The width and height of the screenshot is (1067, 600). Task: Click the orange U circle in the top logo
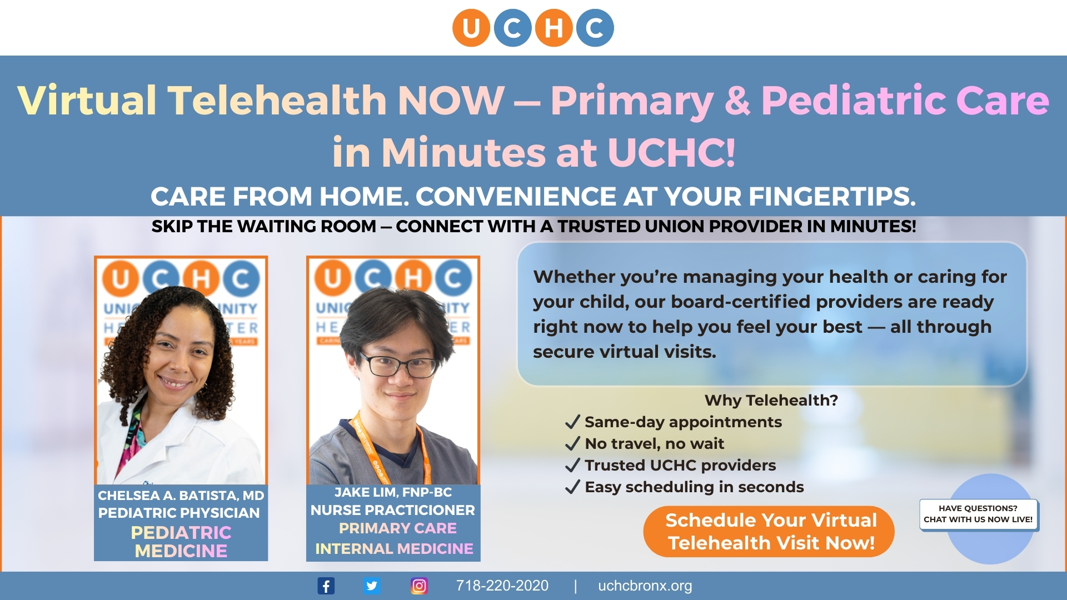[471, 28]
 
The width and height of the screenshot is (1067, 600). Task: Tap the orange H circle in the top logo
[554, 28]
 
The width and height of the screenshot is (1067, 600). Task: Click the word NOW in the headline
[451, 101]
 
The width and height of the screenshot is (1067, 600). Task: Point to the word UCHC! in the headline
[671, 152]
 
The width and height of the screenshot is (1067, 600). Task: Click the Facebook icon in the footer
[326, 586]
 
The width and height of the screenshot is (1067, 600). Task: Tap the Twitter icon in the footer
[372, 586]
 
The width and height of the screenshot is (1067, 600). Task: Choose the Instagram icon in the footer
[419, 586]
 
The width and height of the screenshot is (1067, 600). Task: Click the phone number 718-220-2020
[502, 586]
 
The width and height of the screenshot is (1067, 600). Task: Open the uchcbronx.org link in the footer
[645, 586]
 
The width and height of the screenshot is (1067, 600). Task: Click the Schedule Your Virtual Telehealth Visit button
[770, 531]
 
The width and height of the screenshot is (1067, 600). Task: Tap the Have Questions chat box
[978, 514]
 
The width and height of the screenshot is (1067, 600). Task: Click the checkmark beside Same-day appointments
[572, 422]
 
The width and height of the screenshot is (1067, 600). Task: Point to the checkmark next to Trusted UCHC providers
[572, 466]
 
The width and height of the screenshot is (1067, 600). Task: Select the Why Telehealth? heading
[771, 400]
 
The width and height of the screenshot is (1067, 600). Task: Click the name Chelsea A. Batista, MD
[181, 495]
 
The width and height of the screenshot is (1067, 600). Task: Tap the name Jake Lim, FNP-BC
[393, 492]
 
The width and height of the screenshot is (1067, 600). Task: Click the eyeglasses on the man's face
[398, 366]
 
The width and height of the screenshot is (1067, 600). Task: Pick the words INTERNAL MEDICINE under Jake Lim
[394, 549]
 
